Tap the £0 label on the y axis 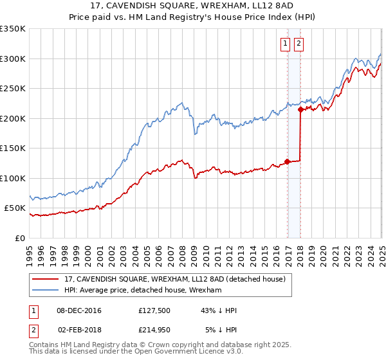coord(21,238)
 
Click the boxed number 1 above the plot coord(285,44)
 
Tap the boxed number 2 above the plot coord(299,44)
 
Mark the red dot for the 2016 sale coord(287,162)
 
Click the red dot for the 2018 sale coord(300,110)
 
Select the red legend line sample coord(46,279)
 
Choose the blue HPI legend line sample coord(46,291)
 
